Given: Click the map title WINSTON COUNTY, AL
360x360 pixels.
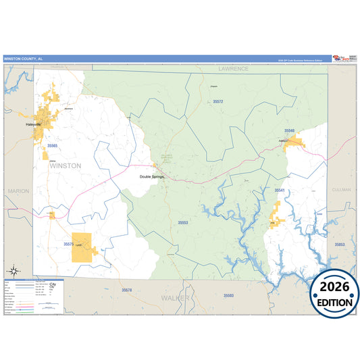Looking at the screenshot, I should pyautogui.click(x=23, y=59).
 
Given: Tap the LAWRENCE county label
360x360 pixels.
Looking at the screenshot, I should pyautogui.click(x=233, y=69).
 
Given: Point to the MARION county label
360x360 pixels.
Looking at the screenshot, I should pyautogui.click(x=18, y=191).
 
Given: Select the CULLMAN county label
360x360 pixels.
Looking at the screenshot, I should pyautogui.click(x=342, y=190).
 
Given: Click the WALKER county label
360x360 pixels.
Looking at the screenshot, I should pyautogui.click(x=176, y=297).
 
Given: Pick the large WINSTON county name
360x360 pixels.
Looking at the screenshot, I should pyautogui.click(x=65, y=165).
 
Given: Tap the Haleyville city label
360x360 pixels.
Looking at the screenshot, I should pyautogui.click(x=34, y=125).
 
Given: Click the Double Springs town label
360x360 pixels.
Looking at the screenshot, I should pyautogui.click(x=152, y=176).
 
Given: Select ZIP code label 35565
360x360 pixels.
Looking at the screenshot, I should pyautogui.click(x=52, y=145).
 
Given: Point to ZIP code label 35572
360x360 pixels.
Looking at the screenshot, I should pyautogui.click(x=217, y=101).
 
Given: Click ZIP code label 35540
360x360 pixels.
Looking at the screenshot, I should pyautogui.click(x=289, y=130).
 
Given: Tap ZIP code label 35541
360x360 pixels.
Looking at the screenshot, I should pyautogui.click(x=280, y=190).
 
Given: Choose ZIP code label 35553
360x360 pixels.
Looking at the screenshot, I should pyautogui.click(x=182, y=222).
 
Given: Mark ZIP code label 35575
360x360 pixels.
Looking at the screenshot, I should pyautogui.click(x=68, y=243).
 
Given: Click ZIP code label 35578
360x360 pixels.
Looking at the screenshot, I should pyautogui.click(x=127, y=290).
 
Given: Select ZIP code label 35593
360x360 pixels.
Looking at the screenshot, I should pyautogui.click(x=228, y=296).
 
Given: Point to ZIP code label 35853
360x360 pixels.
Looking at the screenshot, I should pyautogui.click(x=339, y=244).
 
